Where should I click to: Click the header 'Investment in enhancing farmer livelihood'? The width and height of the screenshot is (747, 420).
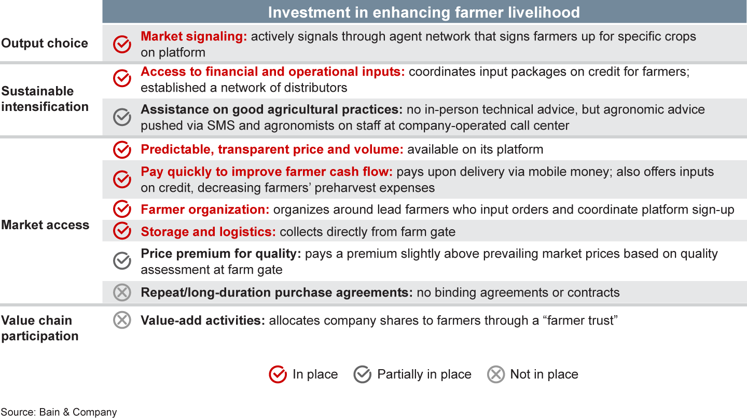point(424,12)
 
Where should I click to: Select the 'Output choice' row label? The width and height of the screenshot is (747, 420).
point(45,43)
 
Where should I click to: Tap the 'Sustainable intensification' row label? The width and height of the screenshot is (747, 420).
point(45,99)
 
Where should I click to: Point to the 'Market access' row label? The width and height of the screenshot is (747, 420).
point(45,225)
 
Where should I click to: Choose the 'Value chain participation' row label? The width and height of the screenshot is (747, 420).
point(39,328)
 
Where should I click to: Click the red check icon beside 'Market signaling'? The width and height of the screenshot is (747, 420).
point(122,44)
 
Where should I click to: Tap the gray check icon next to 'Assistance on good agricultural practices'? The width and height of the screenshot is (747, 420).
point(122,117)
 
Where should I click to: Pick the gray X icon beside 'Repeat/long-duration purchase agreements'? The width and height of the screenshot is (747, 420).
point(122,292)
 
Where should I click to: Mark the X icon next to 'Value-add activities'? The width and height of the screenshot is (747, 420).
point(122,320)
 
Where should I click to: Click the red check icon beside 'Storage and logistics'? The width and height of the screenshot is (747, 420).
point(122,231)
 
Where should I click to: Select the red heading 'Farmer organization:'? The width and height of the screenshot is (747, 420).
point(205,209)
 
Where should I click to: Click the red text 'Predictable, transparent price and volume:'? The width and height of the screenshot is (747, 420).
point(272,150)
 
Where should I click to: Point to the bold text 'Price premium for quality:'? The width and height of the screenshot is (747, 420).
point(221,254)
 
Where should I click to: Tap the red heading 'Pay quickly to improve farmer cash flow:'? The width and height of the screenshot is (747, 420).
point(267,172)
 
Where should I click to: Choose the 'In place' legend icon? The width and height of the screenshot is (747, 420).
point(278,374)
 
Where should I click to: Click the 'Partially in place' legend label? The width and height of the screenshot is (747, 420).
point(424,374)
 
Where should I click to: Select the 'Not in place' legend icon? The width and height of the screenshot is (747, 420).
point(496,374)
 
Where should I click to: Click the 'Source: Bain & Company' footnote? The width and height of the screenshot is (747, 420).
point(59,412)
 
